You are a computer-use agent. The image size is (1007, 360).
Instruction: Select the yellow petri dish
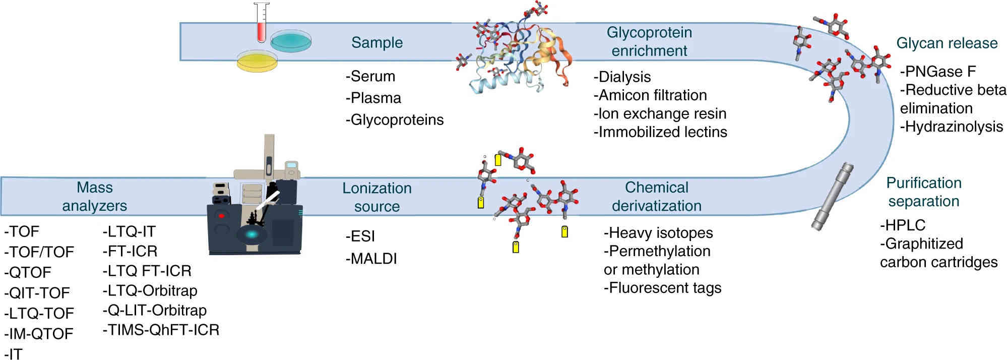(x=257, y=61)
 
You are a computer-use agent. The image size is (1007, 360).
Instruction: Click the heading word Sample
(x=377, y=42)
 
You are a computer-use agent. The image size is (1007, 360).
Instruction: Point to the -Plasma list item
(x=373, y=98)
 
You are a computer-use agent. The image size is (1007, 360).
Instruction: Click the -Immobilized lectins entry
(x=660, y=132)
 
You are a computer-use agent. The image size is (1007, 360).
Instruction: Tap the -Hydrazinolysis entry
(x=952, y=127)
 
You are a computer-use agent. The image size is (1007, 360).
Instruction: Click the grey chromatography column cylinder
(x=832, y=197)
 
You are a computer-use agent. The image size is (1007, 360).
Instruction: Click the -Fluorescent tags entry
(x=663, y=288)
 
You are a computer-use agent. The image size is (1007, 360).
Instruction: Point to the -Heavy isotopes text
(x=658, y=233)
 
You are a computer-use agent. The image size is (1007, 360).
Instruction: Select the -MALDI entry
(x=371, y=259)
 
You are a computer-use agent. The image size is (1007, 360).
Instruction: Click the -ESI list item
(x=360, y=236)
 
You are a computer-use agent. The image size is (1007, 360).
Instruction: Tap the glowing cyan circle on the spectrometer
(x=251, y=234)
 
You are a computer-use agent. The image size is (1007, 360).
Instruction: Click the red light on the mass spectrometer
(x=221, y=216)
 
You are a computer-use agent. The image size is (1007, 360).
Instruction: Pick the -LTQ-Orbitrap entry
(x=150, y=290)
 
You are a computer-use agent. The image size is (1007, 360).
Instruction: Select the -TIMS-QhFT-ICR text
(x=161, y=330)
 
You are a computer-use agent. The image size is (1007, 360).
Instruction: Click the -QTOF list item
(x=28, y=272)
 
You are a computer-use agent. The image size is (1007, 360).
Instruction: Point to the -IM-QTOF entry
(x=39, y=334)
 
